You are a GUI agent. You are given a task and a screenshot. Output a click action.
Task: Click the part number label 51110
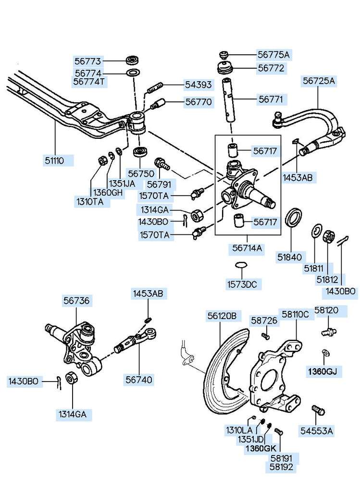[54, 161]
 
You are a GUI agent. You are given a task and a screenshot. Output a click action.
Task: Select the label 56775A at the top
[273, 55]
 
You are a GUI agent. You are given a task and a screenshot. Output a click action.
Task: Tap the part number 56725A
[319, 81]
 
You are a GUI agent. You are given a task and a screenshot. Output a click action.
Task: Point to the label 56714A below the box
[247, 248]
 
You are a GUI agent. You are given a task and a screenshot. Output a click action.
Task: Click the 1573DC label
[242, 284]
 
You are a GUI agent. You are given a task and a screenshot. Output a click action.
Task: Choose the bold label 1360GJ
[323, 372]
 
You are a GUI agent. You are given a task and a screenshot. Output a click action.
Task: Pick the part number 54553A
[316, 431]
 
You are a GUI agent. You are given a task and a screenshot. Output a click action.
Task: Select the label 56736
[76, 301]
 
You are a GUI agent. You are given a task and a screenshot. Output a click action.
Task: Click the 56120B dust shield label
[222, 316]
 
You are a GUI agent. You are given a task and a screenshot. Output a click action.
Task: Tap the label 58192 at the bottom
[281, 467]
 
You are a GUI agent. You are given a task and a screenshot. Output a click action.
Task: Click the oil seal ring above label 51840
[294, 217]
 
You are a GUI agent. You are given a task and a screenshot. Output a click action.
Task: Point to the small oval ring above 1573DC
[241, 265]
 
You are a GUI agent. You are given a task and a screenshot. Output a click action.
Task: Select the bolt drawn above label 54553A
[318, 410]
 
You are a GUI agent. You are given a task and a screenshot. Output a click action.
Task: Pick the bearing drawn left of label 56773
[133, 60]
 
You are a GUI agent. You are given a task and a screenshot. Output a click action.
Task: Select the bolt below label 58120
[329, 331]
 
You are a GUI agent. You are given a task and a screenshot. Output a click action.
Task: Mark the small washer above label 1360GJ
[326, 352]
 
